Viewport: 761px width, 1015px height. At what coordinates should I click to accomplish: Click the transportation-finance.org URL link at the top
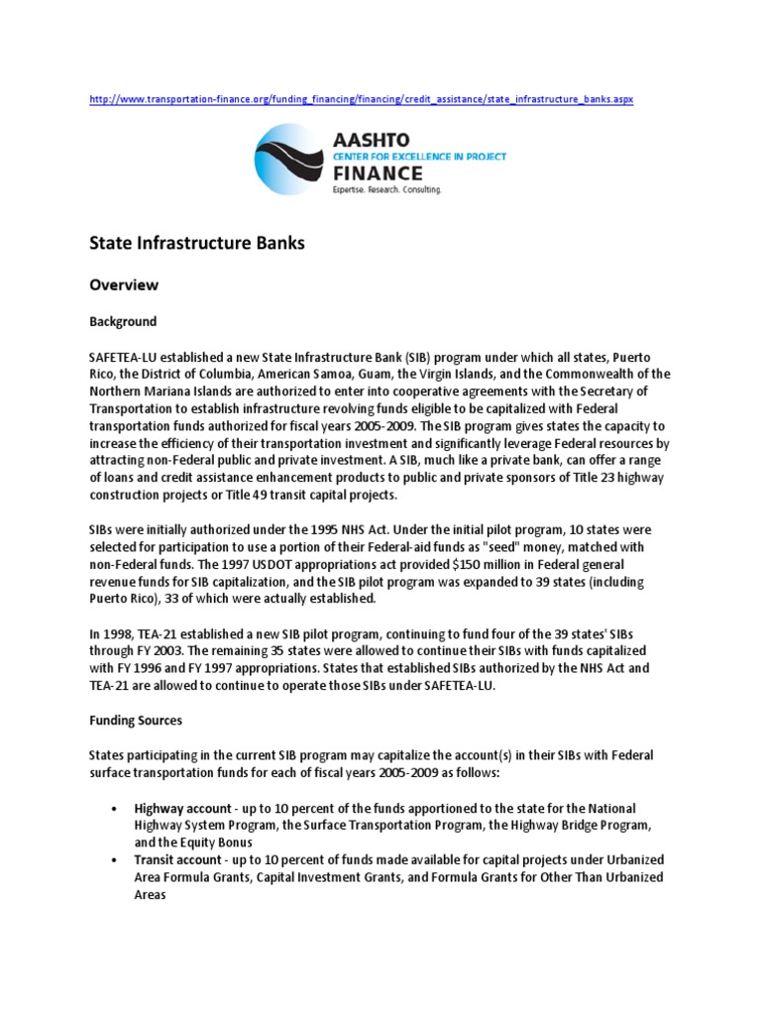click(x=361, y=100)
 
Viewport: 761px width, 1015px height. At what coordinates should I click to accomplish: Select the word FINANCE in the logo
click(x=378, y=172)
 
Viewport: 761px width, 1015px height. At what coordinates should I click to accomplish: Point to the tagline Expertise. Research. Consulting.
click(x=386, y=188)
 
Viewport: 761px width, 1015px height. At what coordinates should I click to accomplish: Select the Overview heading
click(x=124, y=284)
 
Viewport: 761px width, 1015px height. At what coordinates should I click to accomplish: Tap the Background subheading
click(x=123, y=322)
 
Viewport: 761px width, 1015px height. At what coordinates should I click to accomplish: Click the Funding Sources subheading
click(x=136, y=721)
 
